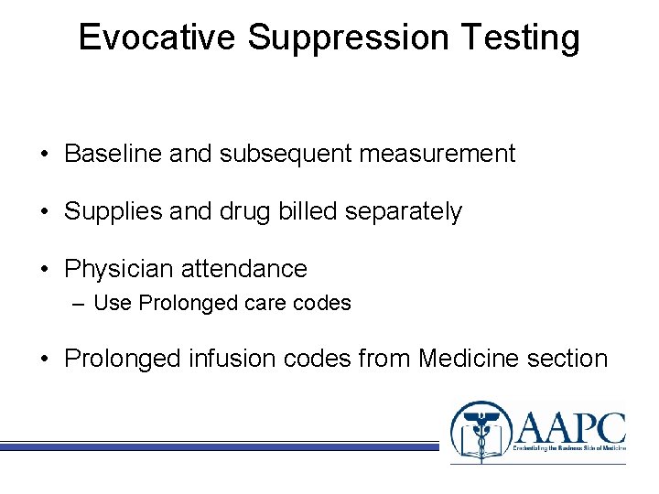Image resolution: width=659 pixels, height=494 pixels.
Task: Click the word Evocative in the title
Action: [x=159, y=38]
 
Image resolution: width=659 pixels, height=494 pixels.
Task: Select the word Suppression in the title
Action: [x=349, y=38]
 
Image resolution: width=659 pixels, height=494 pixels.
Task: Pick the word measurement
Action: [x=438, y=154]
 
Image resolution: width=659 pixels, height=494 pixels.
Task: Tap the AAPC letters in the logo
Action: [x=570, y=425]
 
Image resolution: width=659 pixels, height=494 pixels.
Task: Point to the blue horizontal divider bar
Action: [x=220, y=446]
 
